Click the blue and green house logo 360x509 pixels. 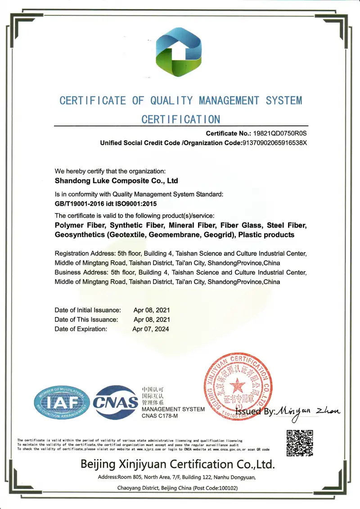[179, 52]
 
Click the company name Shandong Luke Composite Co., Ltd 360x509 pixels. [116, 181]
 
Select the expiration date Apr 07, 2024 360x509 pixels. [151, 329]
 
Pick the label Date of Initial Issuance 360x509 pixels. [88, 310]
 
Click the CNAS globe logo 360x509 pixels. [116, 402]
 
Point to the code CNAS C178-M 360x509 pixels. [160, 417]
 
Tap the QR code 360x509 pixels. [299, 443]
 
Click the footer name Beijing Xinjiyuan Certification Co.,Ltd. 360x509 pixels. [177, 464]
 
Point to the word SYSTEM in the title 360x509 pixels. [283, 101]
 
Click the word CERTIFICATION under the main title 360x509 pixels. [181, 120]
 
